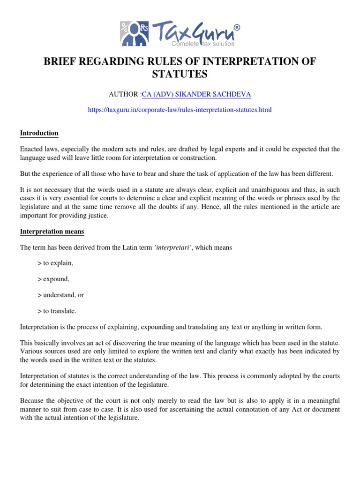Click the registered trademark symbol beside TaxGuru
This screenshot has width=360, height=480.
pos(237,28)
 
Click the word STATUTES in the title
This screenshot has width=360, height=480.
pos(180,74)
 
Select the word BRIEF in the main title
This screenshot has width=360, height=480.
pos(60,61)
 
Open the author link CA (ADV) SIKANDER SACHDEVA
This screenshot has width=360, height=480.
pos(196,94)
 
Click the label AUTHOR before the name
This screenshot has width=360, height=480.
pos(124,94)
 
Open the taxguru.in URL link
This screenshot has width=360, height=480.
pos(180,110)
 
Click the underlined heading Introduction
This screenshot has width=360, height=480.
pos(39,133)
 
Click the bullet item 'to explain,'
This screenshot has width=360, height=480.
pos(58,263)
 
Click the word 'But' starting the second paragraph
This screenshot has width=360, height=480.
pos(25,174)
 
